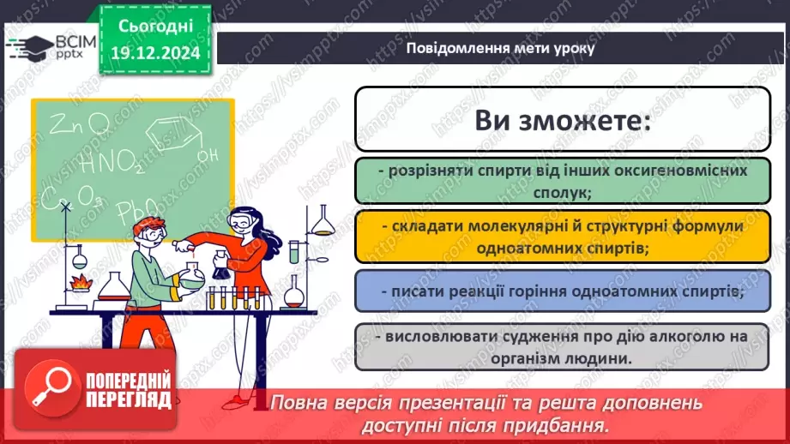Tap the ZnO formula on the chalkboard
point(77,127)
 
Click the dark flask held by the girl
point(222,267)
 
